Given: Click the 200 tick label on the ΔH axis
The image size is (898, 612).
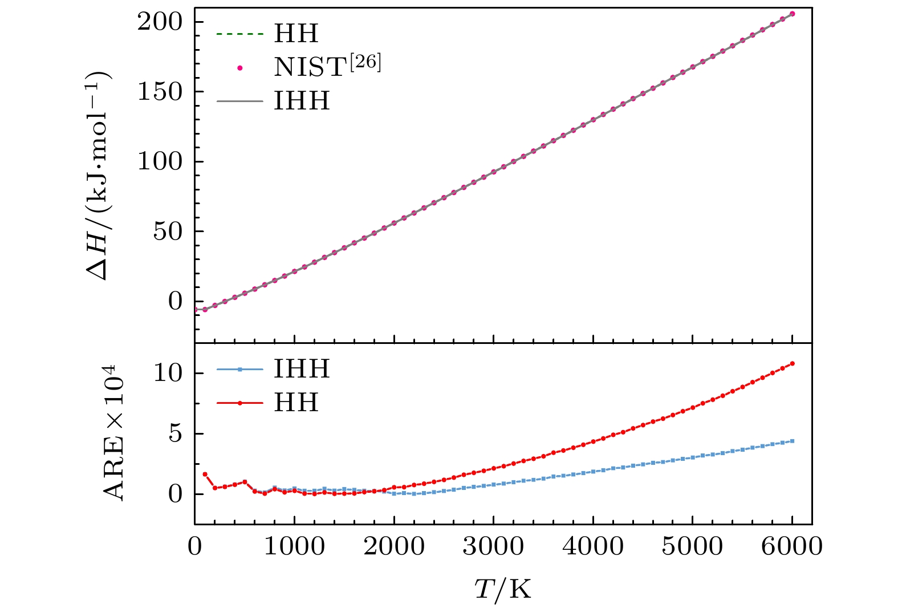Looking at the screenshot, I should tap(159, 22).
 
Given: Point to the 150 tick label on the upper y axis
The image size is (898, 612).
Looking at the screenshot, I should tap(159, 91).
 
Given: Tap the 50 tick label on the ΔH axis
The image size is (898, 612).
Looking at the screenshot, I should tap(168, 231).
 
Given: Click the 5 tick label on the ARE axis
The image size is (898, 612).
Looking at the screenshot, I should tap(175, 433).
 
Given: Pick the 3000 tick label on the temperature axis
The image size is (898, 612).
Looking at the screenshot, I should tap(493, 546).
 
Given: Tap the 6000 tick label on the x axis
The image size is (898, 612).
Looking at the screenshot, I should tap(792, 546).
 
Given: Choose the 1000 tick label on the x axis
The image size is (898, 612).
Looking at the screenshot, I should tap(294, 546).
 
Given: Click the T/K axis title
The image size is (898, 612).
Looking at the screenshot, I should tap(503, 589).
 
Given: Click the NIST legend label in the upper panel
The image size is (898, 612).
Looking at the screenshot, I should tap(327, 67).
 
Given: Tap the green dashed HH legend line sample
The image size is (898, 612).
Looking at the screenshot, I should tap(240, 34).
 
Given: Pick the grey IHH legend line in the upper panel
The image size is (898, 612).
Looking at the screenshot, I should tap(240, 102).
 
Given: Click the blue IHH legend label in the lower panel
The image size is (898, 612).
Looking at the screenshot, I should tap(302, 370).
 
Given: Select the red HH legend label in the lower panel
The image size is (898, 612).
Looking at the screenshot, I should tap(296, 403).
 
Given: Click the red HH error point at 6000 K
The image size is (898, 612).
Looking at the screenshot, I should tap(793, 363).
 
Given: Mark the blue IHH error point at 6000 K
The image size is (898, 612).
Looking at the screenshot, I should tap(793, 441).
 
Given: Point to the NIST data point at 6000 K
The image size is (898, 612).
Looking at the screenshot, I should tap(793, 14).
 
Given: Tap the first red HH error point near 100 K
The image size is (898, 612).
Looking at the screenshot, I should tap(205, 474).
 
